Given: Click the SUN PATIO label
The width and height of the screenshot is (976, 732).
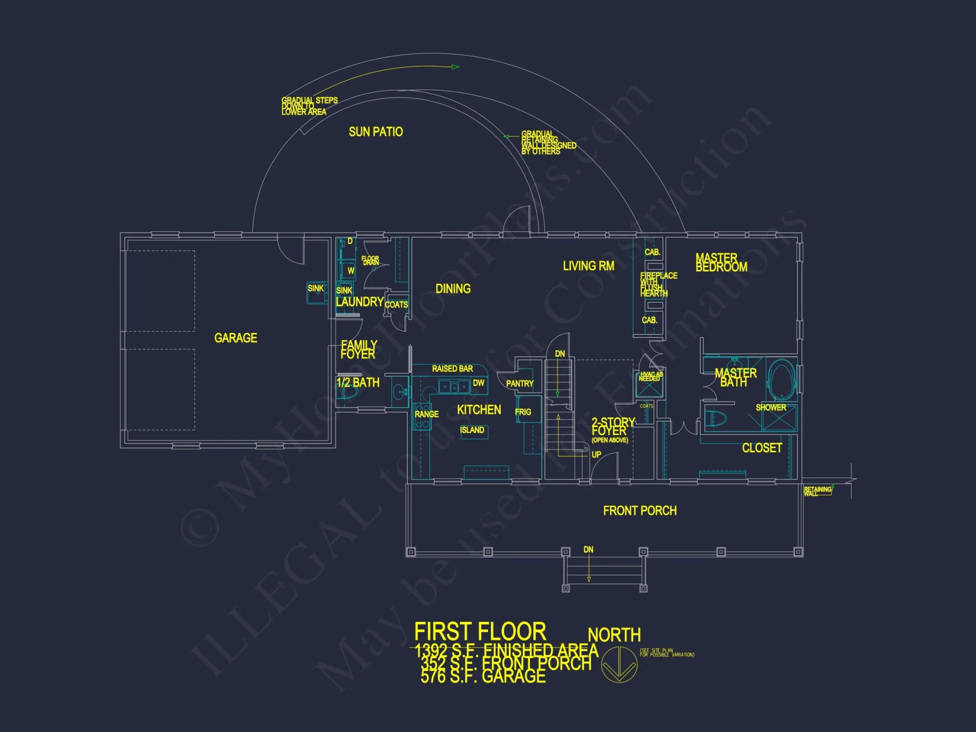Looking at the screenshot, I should coord(376,132).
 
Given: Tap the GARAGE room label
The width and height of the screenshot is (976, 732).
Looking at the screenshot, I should coord(236,338).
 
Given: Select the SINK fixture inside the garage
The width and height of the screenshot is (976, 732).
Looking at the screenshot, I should coord(317,292).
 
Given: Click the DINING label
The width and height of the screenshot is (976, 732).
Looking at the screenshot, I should coord(453,289).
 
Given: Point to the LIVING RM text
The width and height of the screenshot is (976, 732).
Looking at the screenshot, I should coord(589,266).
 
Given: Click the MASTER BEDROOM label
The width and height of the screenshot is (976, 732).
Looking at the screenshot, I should coord(721,263).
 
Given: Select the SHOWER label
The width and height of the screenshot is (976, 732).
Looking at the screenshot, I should coord(771,407).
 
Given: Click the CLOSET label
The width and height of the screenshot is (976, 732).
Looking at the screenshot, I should coord(762,448).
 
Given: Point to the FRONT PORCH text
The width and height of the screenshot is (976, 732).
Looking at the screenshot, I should coord(640,511).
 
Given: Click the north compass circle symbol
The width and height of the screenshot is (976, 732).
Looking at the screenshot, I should coord(619,665).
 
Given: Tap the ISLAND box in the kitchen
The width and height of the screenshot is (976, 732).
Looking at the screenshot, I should coord(472,430).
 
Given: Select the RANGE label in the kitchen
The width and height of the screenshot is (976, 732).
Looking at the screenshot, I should coord(427,414).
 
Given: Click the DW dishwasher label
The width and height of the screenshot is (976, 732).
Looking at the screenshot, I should coord(478,383).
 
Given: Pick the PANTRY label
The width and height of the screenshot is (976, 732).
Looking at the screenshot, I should coord(520,384).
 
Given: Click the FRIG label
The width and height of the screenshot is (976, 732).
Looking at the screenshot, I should coord(523,412).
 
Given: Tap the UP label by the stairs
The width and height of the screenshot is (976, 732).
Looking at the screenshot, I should coord(596,455).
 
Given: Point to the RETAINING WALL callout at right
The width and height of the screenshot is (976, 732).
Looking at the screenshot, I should coord(817,491).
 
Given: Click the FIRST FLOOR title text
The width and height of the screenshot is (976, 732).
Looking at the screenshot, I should coord(480,632).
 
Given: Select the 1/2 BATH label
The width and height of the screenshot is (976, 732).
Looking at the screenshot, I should coord(358,383).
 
